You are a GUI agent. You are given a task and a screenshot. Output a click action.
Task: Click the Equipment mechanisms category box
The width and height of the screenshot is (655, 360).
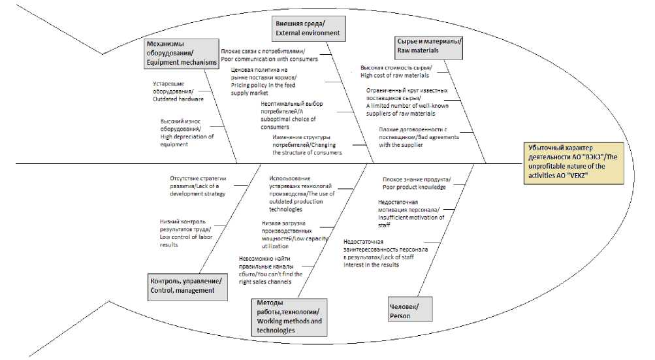(x=181, y=53)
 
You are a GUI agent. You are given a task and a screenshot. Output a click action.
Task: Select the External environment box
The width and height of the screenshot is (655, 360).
(x=308, y=28)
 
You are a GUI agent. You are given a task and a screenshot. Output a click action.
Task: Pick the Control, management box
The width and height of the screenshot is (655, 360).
(x=186, y=286)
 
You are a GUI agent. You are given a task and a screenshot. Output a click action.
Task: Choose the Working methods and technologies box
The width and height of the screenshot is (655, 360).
(x=289, y=317)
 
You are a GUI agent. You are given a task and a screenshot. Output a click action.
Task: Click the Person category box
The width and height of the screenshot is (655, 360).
(x=409, y=311)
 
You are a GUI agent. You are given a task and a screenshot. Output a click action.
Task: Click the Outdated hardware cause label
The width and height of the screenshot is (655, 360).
(x=178, y=91)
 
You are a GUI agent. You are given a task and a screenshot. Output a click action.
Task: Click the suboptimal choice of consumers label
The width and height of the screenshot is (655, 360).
(x=291, y=115)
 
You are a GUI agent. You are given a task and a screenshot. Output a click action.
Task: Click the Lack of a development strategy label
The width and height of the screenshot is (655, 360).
(x=198, y=186)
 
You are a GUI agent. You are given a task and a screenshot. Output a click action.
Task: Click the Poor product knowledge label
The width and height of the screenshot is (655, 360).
(x=416, y=183)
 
